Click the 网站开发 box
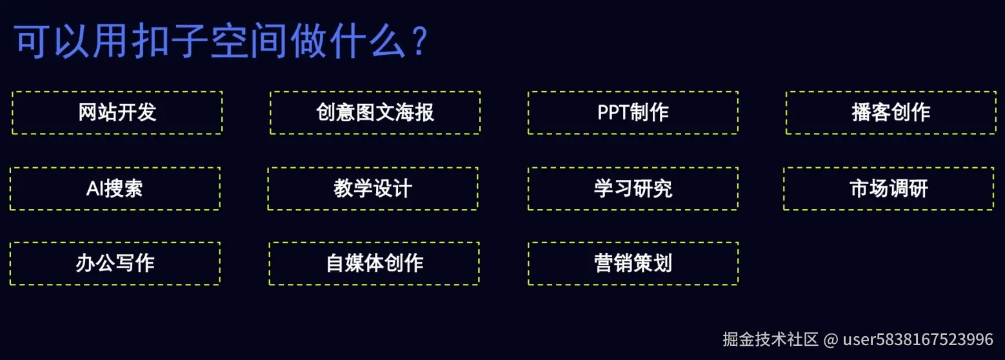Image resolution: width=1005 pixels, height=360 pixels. pyautogui.click(x=117, y=112)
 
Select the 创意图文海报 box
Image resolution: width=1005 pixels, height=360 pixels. pyautogui.click(x=375, y=112)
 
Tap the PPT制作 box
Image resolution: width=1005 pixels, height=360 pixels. pyautogui.click(x=633, y=112)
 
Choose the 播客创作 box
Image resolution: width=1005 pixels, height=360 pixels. pyautogui.click(x=891, y=112)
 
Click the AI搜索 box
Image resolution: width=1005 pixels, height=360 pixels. pyautogui.click(x=115, y=188)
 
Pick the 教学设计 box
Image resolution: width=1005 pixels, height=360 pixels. pyautogui.click(x=373, y=188)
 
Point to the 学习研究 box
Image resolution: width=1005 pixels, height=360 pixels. pyautogui.click(x=633, y=188)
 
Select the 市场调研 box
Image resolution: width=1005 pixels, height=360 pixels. pyautogui.click(x=889, y=188)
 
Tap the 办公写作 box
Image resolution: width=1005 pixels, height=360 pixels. pyautogui.click(x=115, y=263)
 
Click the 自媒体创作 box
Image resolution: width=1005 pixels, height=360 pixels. pyautogui.click(x=374, y=263)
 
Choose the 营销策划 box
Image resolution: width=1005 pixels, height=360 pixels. pyautogui.click(x=633, y=263)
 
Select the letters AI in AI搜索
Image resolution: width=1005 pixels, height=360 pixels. pyautogui.click(x=95, y=188)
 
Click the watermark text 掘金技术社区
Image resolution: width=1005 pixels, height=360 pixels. pyautogui.click(x=770, y=339)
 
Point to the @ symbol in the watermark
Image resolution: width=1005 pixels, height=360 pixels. pyautogui.click(x=831, y=339)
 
